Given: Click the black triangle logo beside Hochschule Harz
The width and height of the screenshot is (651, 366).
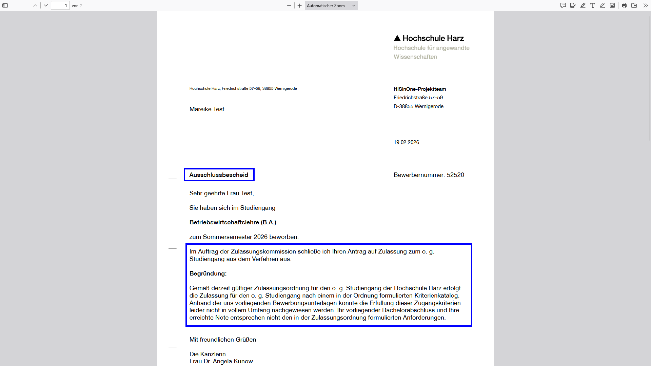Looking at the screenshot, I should tap(397, 38).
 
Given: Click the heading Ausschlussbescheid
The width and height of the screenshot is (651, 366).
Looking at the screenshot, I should tap(219, 175).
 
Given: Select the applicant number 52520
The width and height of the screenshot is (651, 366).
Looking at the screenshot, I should tap(455, 175).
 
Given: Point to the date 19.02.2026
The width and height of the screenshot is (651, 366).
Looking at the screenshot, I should tap(406, 142).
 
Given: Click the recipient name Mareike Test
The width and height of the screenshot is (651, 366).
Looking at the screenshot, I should tap(207, 109).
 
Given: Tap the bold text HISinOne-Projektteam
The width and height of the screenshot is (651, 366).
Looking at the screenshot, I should tap(420, 89).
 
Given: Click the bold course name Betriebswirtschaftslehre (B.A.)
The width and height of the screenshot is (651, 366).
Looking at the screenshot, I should tap(233, 222).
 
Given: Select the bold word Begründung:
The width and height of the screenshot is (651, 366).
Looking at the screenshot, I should tap(208, 273).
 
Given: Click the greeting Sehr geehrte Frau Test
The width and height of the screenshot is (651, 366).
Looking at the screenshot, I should tap(221, 193).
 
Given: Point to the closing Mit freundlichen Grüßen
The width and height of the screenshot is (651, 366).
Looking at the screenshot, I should tap(223, 340).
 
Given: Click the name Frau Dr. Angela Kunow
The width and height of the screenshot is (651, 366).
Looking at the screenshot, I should tap(221, 361).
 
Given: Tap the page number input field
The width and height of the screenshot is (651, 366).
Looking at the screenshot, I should tap(60, 5).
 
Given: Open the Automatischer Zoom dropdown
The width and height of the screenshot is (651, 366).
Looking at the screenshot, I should tap(331, 5).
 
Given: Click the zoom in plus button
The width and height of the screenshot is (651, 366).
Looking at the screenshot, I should tap(300, 5).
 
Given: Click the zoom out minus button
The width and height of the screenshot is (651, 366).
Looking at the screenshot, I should tap(289, 5).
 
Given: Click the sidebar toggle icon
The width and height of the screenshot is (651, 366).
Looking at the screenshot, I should tap(5, 5).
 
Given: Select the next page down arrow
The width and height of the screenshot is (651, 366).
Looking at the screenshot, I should tap(46, 5).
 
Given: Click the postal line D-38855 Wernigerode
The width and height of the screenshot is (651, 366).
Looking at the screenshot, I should tap(418, 106).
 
